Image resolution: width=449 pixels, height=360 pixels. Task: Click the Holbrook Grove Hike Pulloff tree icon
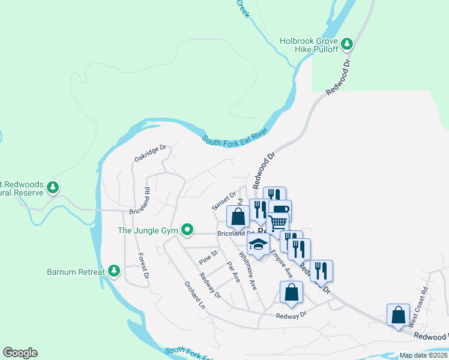click(x=346, y=43)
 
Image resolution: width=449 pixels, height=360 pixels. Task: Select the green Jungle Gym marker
click(x=187, y=229)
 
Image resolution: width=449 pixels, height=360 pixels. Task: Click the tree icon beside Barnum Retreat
click(x=114, y=272)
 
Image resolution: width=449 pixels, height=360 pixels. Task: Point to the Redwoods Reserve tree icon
click(x=53, y=187)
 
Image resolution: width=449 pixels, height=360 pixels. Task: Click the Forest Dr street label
click(x=142, y=265)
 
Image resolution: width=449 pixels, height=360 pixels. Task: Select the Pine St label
click(x=208, y=257)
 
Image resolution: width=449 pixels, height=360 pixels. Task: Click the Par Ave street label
click(x=233, y=272)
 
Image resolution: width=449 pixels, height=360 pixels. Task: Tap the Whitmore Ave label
click(x=247, y=271)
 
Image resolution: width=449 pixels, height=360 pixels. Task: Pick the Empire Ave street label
click(x=281, y=264)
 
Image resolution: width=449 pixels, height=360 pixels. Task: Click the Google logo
click(x=20, y=353)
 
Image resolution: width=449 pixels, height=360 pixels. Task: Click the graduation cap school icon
click(x=259, y=244)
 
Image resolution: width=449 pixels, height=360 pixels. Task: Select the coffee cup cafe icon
click(x=280, y=210)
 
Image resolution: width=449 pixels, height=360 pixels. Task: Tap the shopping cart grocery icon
click(x=277, y=223)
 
